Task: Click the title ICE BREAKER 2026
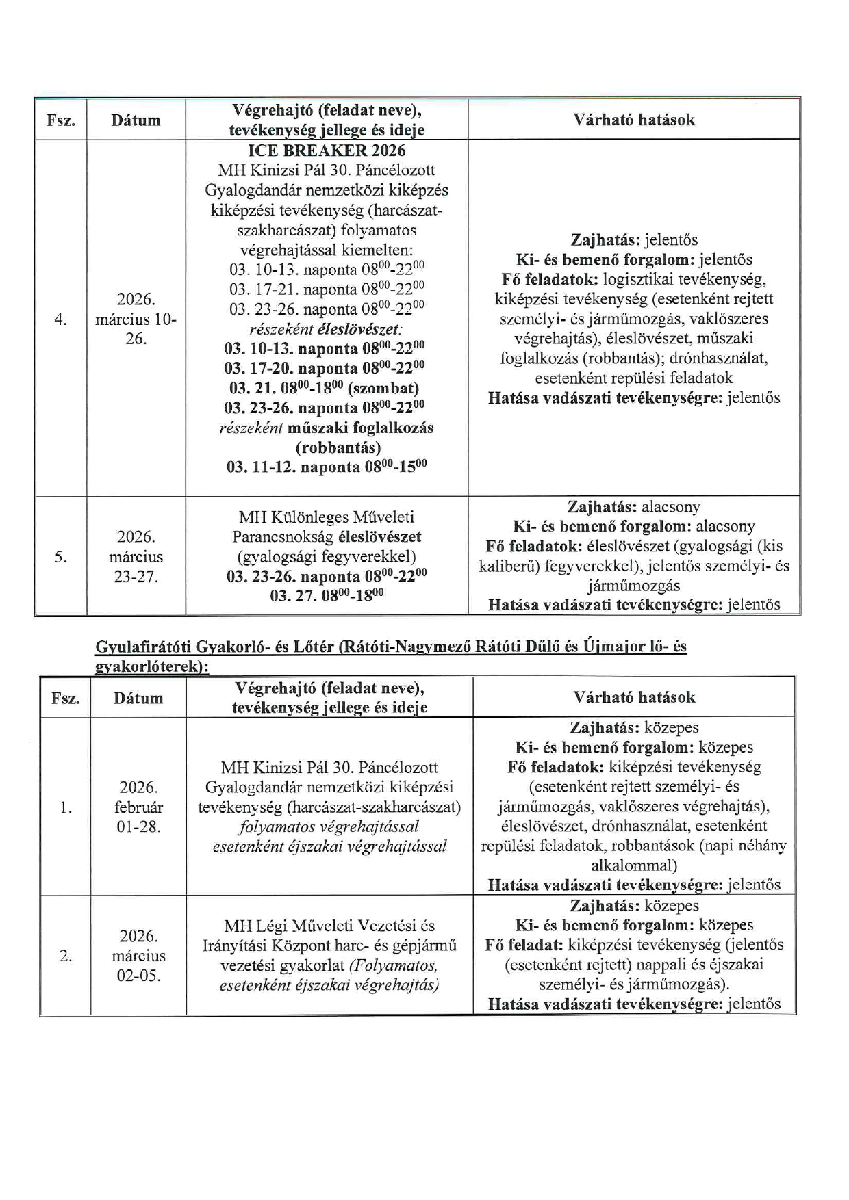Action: [327, 151]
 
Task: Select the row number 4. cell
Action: [61, 319]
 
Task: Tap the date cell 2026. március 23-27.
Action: [136, 556]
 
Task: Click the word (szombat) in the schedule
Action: [383, 389]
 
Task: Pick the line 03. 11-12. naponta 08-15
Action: [327, 467]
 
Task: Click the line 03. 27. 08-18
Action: [327, 595]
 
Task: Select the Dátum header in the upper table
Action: [136, 120]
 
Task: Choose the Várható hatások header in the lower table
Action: [634, 697]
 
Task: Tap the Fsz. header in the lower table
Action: [65, 699]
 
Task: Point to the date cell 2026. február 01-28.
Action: [138, 807]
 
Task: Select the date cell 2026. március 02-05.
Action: [138, 956]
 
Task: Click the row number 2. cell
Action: [65, 956]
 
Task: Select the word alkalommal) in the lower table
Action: [634, 865]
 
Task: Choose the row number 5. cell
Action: [61, 556]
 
